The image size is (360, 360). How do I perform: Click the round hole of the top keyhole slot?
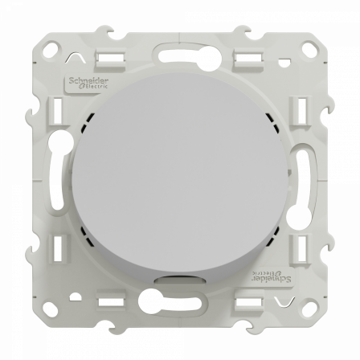pyautogui.click(x=211, y=57)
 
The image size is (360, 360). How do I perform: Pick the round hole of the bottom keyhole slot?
pyautogui.click(x=149, y=303)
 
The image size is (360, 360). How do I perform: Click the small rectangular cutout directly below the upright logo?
pyautogui.click(x=59, y=108)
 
